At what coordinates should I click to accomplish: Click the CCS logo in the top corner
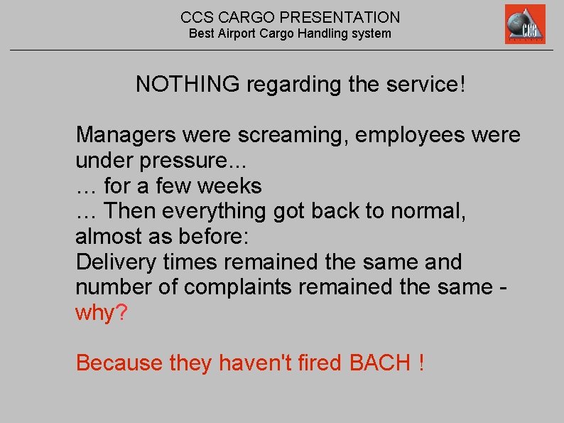coord(525,24)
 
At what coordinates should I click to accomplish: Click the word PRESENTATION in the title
coord(345,17)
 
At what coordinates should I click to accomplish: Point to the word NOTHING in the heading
coord(188,85)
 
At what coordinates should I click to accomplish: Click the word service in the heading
coord(426,85)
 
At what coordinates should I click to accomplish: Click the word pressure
coord(180,161)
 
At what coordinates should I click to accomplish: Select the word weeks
coord(229,186)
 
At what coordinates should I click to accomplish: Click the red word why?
coord(101,313)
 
